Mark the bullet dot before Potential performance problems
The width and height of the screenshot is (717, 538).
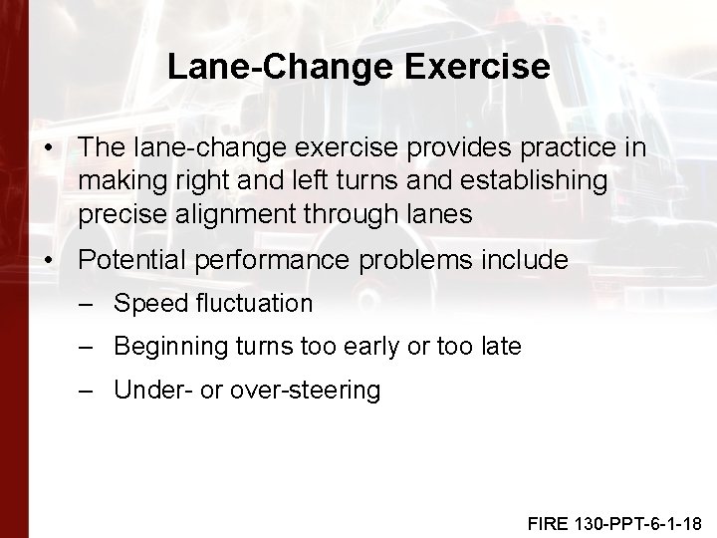coord(50,261)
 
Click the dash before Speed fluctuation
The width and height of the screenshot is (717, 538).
coord(88,303)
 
